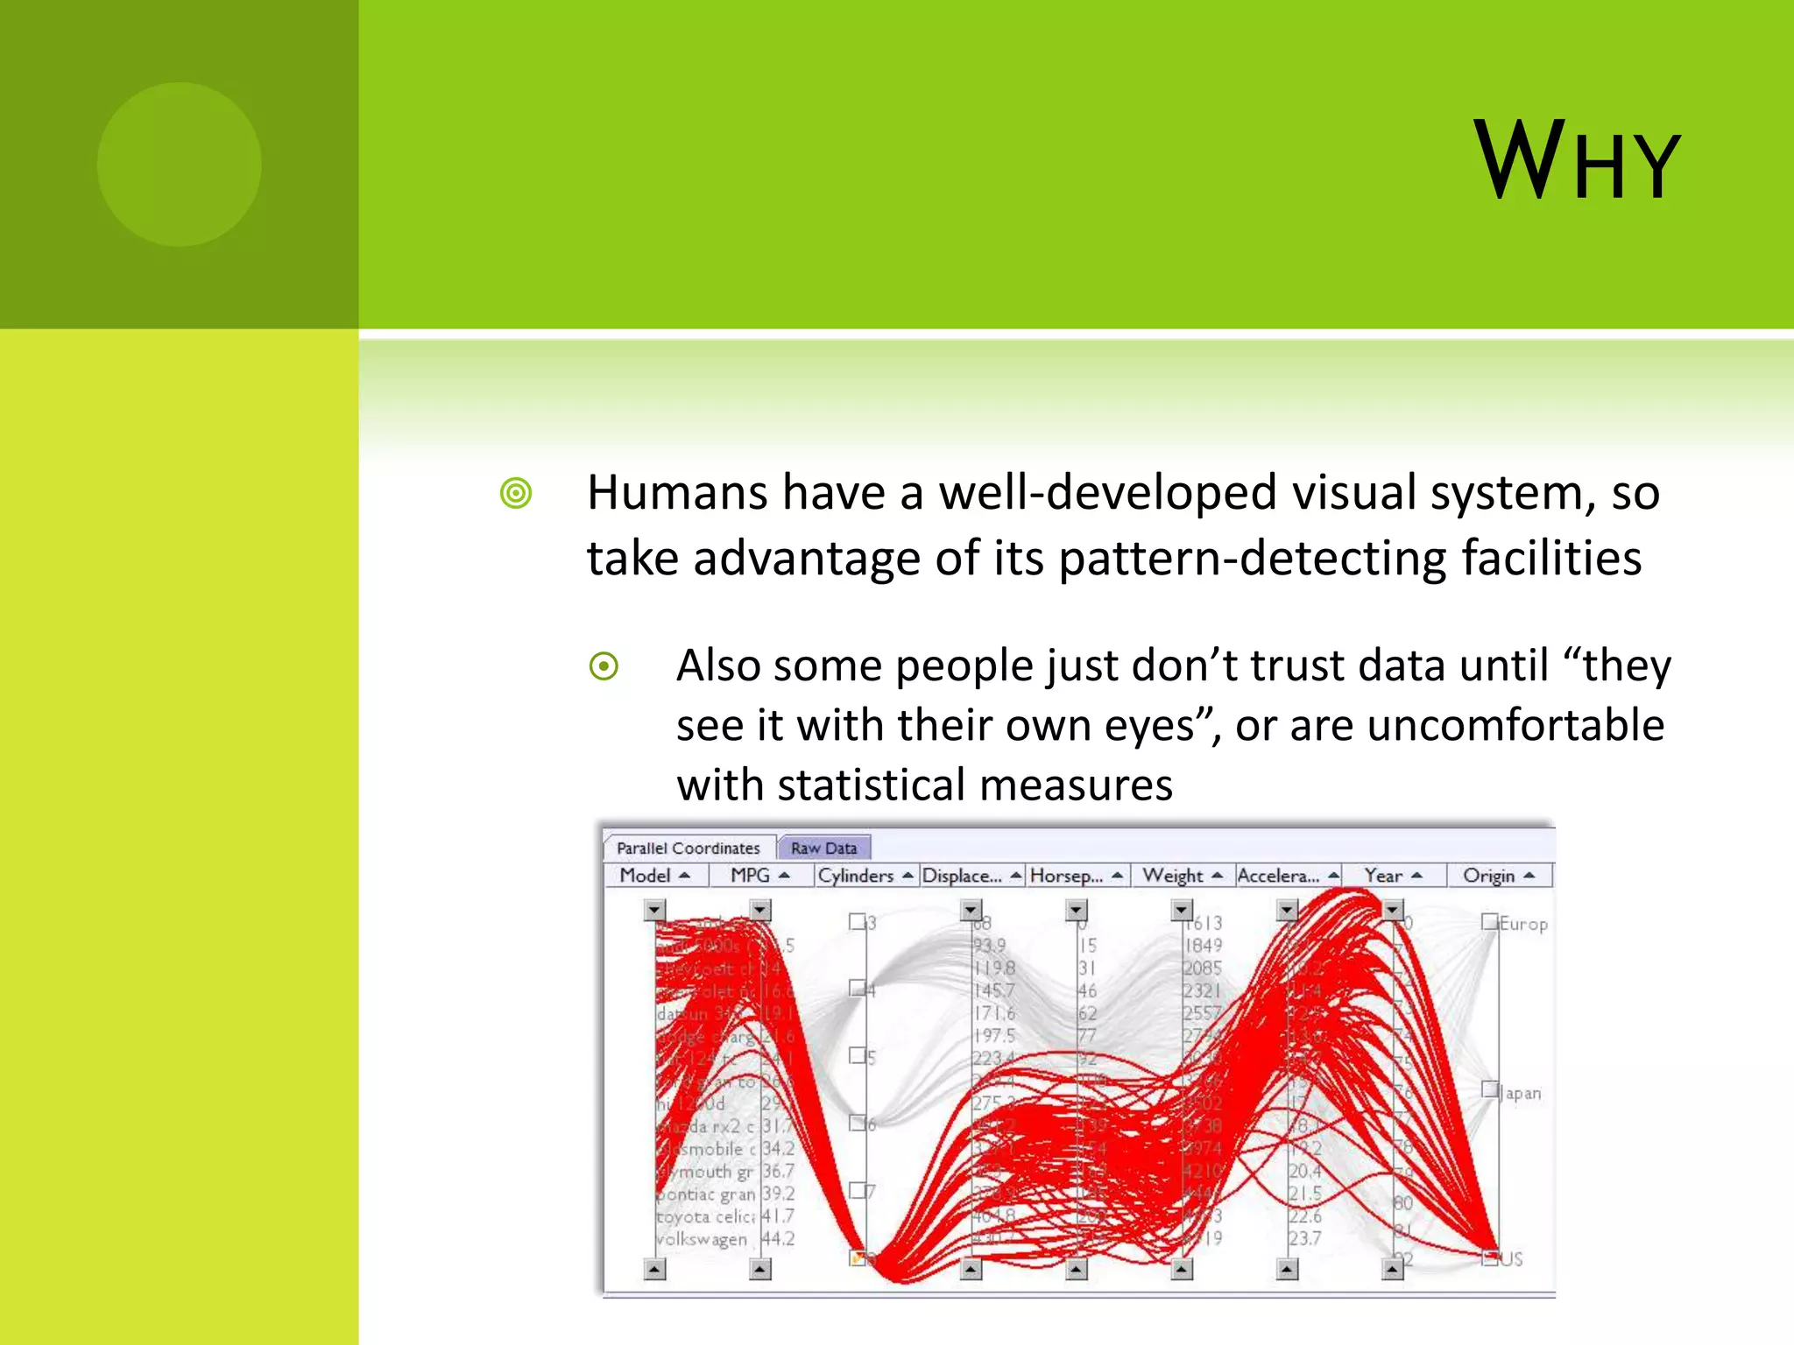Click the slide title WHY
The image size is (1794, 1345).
coord(1577,162)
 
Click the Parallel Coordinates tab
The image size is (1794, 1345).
coord(688,848)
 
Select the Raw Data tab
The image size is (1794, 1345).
coord(823,848)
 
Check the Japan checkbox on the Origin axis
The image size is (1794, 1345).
coord(1489,1089)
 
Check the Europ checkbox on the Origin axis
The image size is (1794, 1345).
coord(1489,921)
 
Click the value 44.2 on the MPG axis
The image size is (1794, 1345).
coord(778,1239)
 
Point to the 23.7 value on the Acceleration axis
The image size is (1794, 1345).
coord(1304,1238)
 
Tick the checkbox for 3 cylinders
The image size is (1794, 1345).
coord(857,921)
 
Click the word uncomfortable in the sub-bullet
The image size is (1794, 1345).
coord(1515,725)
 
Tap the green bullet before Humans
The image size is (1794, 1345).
coord(516,493)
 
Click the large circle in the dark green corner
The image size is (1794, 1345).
coord(180,165)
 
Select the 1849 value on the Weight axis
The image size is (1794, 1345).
coord(1203,945)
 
